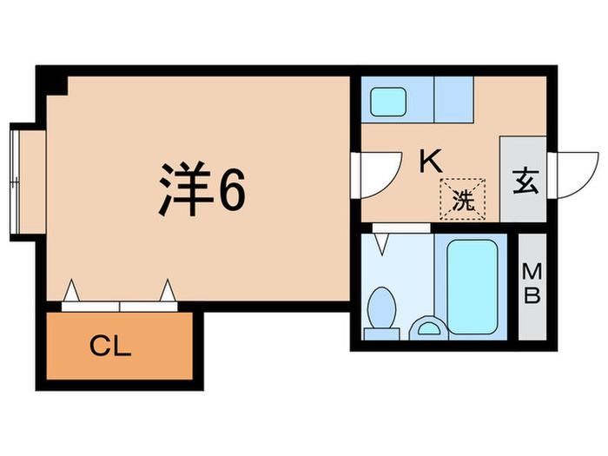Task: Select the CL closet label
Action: point(110,348)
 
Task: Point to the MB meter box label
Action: point(532,285)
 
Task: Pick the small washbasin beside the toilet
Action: point(426,327)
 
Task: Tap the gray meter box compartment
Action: point(532,286)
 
